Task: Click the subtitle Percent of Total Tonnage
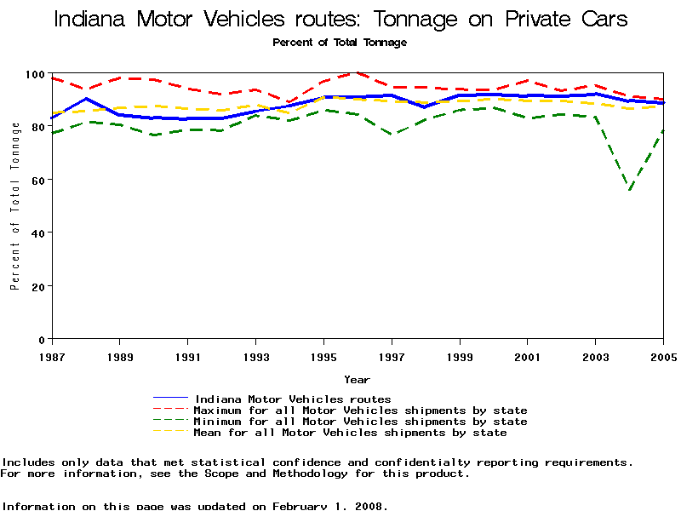340,42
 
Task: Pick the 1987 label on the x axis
51,355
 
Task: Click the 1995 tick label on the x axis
323,355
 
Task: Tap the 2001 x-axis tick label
528,355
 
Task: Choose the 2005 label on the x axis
663,355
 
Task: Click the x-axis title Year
357,380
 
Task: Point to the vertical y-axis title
15,206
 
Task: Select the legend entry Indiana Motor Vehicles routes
292,399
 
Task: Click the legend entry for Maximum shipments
360,411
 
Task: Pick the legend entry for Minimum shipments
360,422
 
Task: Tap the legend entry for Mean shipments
350,433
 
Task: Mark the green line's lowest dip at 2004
630,191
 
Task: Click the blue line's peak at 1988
86,99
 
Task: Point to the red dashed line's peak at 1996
358,73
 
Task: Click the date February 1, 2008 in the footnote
329,506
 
